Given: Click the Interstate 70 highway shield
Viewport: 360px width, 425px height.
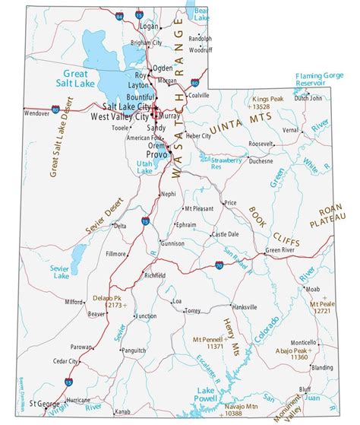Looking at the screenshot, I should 219,265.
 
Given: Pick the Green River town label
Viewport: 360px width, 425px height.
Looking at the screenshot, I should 279,249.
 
